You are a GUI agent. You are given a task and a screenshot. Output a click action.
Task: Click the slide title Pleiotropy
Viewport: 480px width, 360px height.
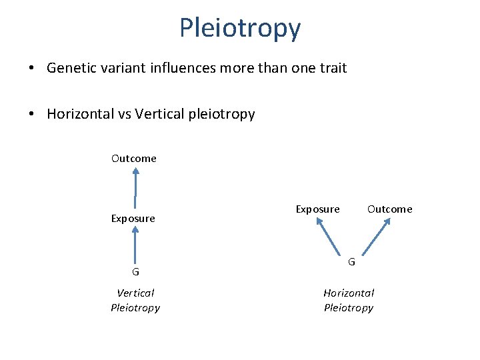coord(240,28)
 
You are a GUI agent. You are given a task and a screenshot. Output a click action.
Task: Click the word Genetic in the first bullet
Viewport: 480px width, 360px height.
coord(69,68)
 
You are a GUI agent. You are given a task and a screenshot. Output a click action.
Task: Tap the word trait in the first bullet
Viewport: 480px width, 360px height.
coord(331,68)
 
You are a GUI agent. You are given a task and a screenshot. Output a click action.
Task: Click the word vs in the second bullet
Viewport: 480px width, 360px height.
coord(122,114)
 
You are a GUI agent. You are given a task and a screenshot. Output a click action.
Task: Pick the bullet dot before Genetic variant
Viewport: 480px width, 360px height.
coord(32,69)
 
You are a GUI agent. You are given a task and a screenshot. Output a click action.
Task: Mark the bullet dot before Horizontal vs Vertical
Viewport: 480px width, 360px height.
coord(32,115)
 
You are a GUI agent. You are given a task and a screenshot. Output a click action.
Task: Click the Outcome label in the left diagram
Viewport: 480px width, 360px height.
coord(134,159)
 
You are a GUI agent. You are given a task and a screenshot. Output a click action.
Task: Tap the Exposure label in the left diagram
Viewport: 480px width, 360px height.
coord(133,219)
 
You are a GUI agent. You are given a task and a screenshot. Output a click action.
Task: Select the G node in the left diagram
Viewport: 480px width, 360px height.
coord(135,272)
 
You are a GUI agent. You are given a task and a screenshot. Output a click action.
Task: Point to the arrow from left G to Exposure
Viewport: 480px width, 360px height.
coord(135,245)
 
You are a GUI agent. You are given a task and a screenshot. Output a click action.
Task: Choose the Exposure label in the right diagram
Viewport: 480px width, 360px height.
coord(317,209)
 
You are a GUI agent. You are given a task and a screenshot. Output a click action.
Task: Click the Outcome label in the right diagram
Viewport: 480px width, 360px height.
coord(390,209)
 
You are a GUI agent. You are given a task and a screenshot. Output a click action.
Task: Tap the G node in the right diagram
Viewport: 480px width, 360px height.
coord(351,261)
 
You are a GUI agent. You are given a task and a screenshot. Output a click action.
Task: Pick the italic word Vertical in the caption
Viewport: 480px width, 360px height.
coord(135,293)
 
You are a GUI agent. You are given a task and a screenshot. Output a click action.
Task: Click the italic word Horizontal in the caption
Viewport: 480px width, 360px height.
coord(349,293)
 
